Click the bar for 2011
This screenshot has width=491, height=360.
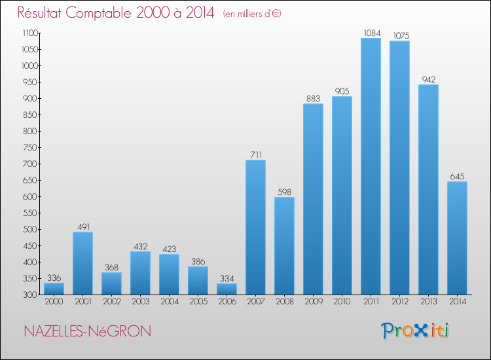[371, 166]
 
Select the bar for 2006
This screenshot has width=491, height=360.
[227, 289]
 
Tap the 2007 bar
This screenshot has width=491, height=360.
[255, 227]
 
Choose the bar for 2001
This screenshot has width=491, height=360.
[82, 263]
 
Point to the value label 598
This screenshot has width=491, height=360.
[284, 191]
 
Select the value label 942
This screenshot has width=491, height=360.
[428, 79]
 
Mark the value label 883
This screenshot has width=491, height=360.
[313, 98]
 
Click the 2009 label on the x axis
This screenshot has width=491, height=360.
[313, 303]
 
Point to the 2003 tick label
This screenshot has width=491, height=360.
[140, 303]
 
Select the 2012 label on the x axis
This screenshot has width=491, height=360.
[399, 303]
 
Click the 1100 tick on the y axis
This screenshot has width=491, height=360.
[29, 33]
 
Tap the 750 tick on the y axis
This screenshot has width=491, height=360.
[31, 147]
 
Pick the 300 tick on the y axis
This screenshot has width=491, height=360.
[31, 295]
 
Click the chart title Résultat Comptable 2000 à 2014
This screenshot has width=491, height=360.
[116, 13]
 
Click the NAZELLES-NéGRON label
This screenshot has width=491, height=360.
[87, 332]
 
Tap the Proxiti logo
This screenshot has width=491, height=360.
[416, 331]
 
